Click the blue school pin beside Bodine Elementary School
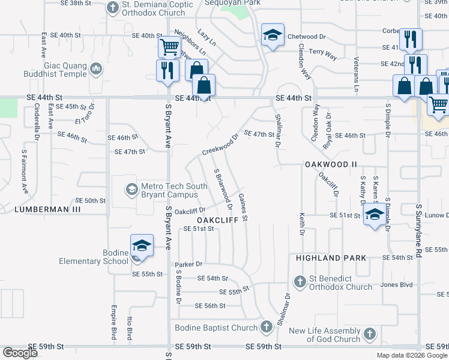(142, 245)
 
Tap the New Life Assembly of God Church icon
(370, 334)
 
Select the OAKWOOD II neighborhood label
(330, 164)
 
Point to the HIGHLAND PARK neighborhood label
(331, 257)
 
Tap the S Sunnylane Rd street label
(418, 231)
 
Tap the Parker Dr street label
(188, 264)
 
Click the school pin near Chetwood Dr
(272, 36)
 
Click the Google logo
(19, 353)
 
